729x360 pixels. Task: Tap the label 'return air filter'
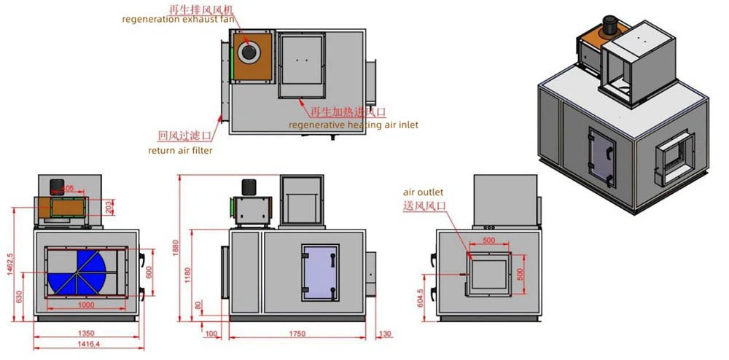pyautogui.click(x=180, y=151)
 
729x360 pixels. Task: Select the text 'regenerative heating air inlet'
pyautogui.click(x=353, y=125)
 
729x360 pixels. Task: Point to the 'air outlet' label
pyautogui.click(x=423, y=192)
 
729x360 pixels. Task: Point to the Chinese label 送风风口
pyautogui.click(x=423, y=206)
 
